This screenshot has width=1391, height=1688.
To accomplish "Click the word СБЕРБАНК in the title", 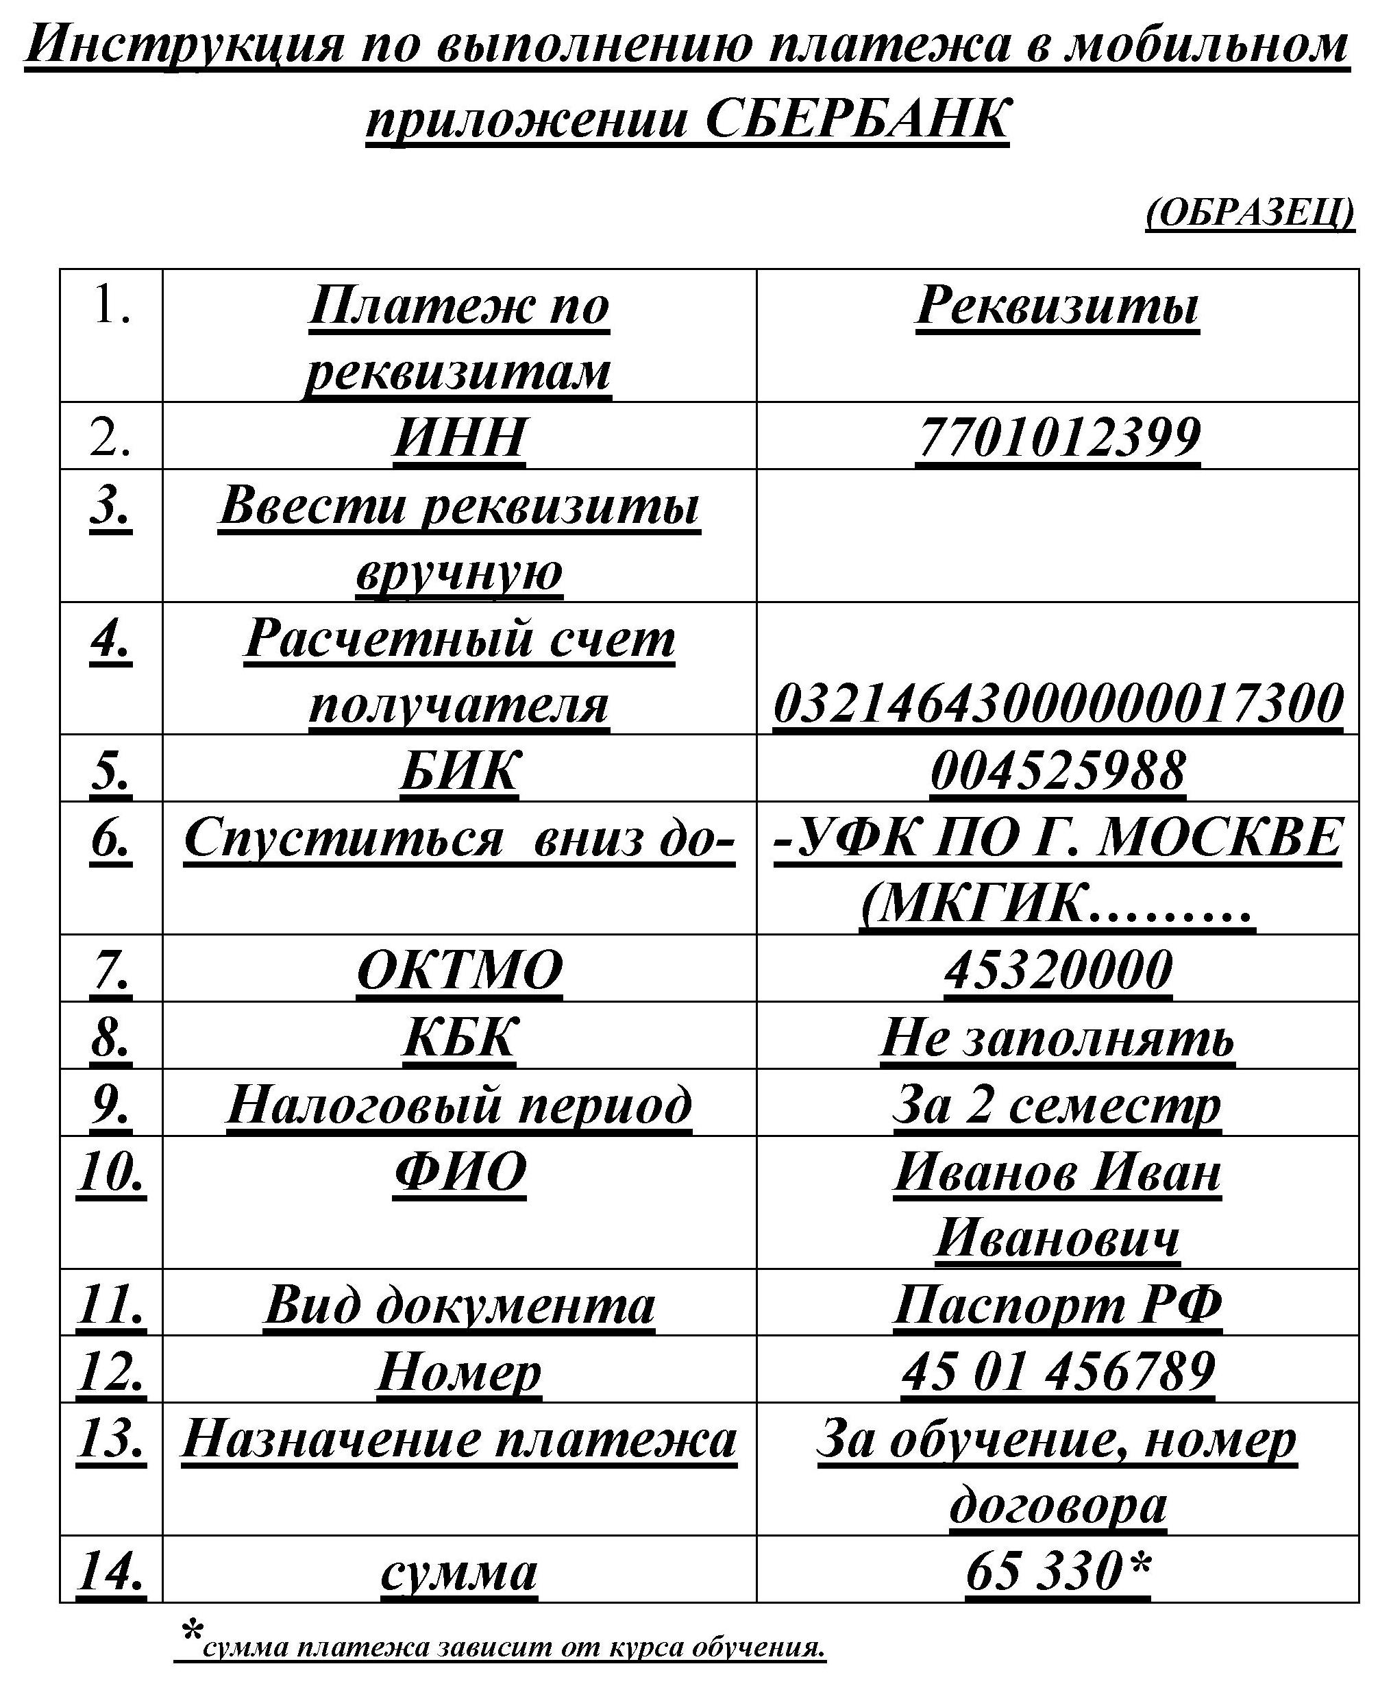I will (857, 119).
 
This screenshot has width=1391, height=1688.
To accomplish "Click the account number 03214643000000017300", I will (1058, 703).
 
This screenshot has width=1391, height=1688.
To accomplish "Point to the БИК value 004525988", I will (1058, 770).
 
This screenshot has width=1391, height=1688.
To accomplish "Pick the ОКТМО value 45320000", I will (1058, 970).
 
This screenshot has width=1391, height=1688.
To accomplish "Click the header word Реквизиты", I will (1058, 306).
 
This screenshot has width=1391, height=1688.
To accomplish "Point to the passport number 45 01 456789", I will (1058, 1371).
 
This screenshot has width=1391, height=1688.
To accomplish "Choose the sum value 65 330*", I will (1058, 1571).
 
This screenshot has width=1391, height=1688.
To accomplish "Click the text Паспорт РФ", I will (1058, 1304).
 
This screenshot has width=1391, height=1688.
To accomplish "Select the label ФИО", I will (459, 1171).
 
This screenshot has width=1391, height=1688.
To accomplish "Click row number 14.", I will (110, 1571).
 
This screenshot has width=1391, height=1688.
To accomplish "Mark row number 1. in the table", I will (110, 306).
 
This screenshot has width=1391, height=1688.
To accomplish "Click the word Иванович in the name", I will (1058, 1238).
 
